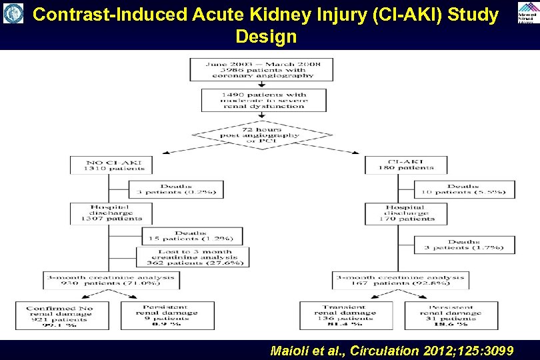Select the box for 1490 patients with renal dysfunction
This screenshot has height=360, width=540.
pyautogui.click(x=264, y=100)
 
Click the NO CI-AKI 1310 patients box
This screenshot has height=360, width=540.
pyautogui.click(x=111, y=164)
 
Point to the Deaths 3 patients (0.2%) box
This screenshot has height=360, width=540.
pyautogui.click(x=176, y=189)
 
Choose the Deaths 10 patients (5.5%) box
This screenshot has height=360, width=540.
pyautogui.click(x=463, y=189)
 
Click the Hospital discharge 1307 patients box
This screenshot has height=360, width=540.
pyautogui.click(x=111, y=214)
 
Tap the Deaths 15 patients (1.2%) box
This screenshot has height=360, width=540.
pyautogui.click(x=191, y=236)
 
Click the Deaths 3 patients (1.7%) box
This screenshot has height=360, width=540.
pyautogui.click(x=463, y=245)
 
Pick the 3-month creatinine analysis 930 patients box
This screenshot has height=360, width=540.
pyautogui.click(x=111, y=280)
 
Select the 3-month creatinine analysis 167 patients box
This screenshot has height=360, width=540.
pyautogui.click(x=400, y=280)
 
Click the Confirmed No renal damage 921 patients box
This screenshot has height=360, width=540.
pyautogui.click(x=60, y=316)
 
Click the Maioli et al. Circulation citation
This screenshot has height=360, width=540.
pyautogui.click(x=392, y=350)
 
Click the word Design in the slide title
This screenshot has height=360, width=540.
pyautogui.click(x=266, y=37)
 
